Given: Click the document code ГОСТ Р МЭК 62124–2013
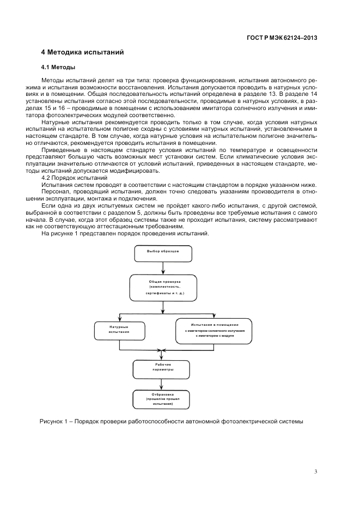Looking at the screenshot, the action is [282, 38].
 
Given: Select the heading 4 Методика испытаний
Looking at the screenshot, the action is [82, 52].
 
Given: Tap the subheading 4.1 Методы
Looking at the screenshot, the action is [58, 68].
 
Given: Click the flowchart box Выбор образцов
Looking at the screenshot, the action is [163, 253].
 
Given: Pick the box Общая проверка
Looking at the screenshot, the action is [163, 287].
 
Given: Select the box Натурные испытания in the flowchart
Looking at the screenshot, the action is [119, 331].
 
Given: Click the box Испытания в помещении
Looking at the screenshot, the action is [213, 331].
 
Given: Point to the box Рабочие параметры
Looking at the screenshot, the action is [161, 369].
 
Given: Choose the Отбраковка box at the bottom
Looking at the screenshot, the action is [161, 399].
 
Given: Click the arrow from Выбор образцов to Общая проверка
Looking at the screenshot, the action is [163, 268].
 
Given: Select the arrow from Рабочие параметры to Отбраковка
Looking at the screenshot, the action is [161, 385].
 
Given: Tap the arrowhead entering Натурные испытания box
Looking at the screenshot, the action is [119, 320].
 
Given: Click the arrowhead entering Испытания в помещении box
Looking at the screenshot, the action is [213, 317].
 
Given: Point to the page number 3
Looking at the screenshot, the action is [315, 472].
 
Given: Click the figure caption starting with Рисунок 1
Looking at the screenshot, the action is [172, 421].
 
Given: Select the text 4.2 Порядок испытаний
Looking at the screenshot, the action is [75, 178].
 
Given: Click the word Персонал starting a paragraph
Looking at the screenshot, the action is [53, 192].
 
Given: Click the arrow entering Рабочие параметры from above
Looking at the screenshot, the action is [161, 355].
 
